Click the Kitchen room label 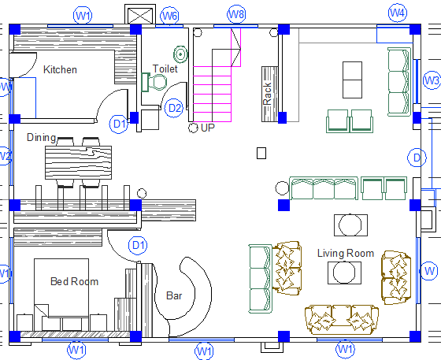pos(60,70)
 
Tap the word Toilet pos(165,69)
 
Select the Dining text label pos(41,138)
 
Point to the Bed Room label pos(74,281)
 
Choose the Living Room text pos(345,253)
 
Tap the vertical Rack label pos(268,94)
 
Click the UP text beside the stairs pos(208,128)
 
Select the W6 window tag pos(169,16)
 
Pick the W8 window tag pos(235,14)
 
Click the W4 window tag pos(398,13)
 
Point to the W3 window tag pos(432,80)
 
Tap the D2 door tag pos(174,108)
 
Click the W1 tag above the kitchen pos(83,14)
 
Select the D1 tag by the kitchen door pos(120,124)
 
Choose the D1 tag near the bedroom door pos(139,246)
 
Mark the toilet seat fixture pos(150,83)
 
